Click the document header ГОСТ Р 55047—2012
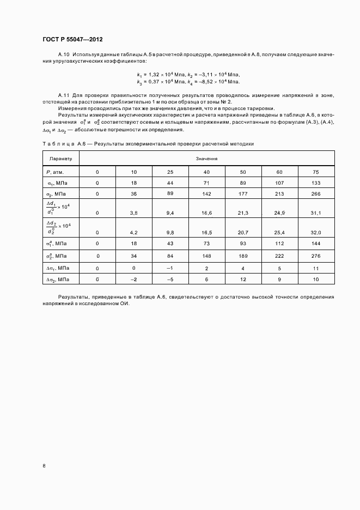click(72, 40)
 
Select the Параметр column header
click(60, 159)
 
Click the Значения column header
click(207, 159)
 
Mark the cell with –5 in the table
click(170, 280)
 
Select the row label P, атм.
click(56, 172)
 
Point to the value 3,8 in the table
click(134, 212)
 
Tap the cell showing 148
click(207, 256)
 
